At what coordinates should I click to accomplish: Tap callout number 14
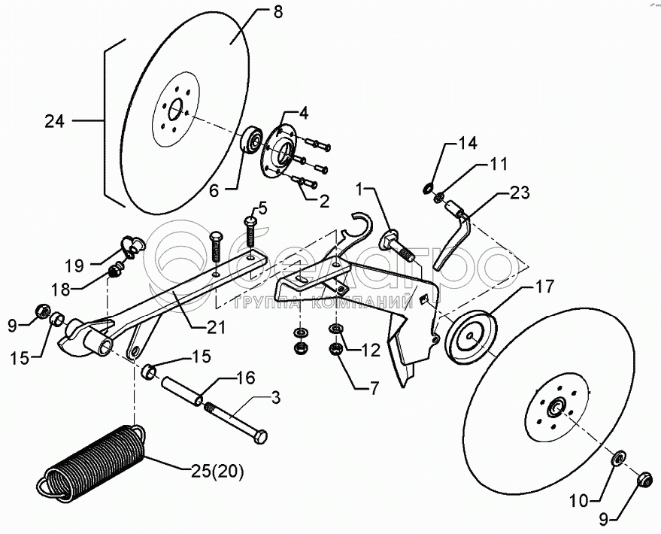(468, 142)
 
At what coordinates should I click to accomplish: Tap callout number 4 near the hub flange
(303, 114)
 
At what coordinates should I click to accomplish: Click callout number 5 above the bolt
(262, 207)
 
